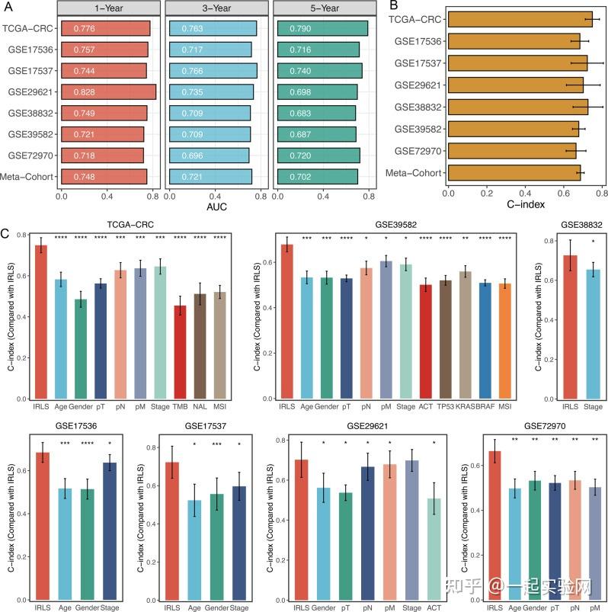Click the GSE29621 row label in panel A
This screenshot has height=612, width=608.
tap(27, 91)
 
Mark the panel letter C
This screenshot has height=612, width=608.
tap(6, 233)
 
